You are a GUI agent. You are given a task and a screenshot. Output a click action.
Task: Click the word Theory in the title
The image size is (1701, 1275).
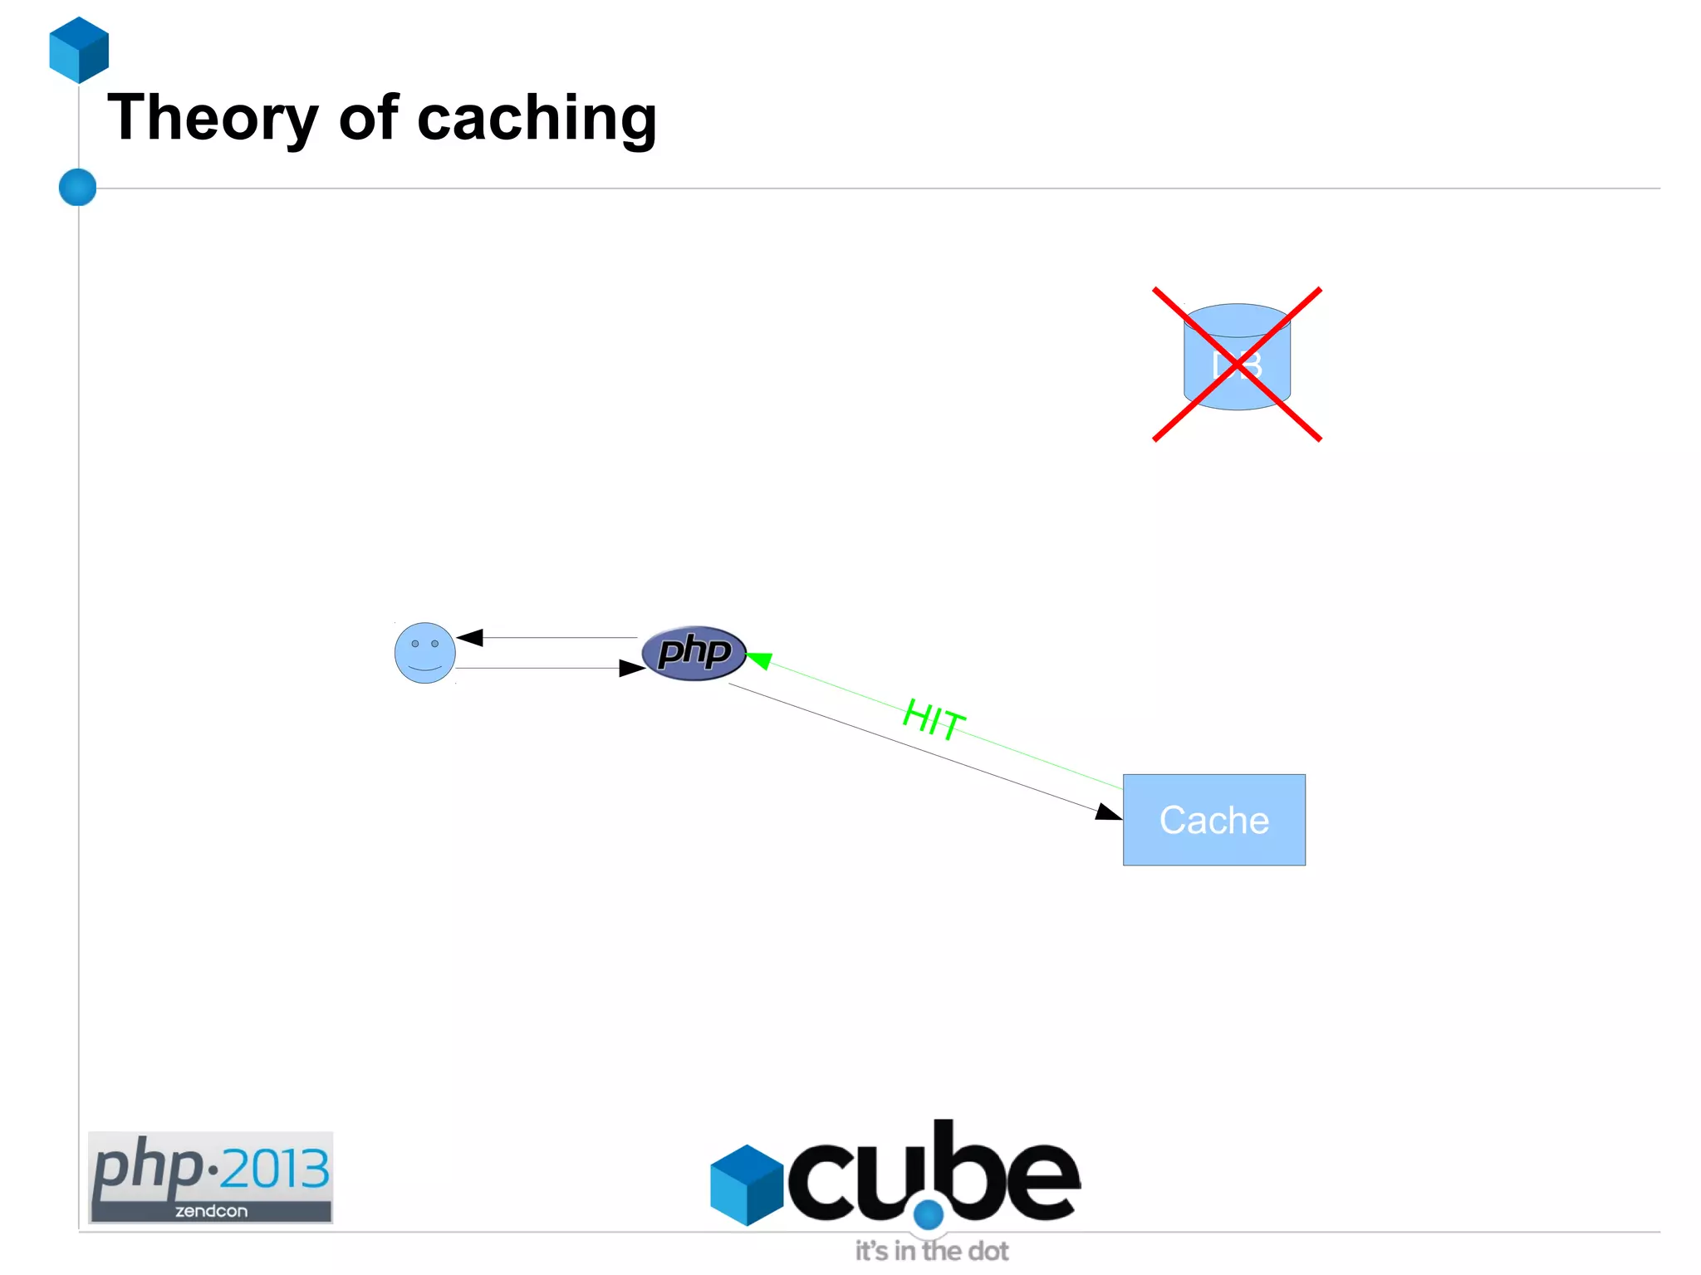coord(213,119)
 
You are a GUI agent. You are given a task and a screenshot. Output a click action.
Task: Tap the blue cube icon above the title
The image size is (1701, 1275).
coord(79,50)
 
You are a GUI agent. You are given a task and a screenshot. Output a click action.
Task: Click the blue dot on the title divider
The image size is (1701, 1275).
coord(78,187)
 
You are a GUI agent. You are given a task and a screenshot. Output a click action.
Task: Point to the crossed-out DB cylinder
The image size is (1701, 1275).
coord(1237,358)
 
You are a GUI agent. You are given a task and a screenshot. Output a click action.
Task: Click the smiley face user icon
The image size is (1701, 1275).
coord(424,653)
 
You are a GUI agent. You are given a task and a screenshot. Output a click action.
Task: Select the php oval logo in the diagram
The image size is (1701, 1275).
coord(694,653)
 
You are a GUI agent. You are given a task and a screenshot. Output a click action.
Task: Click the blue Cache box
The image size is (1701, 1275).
coord(1213,820)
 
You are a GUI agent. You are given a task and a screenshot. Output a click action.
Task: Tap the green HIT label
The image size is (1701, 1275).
coord(934,718)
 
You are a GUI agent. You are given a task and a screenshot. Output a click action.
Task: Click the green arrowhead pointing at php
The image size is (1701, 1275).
coord(758,660)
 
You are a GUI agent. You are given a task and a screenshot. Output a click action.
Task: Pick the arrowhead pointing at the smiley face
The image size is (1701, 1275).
coord(470,637)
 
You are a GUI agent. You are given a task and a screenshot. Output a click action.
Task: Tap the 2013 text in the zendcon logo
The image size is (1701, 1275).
coord(275,1169)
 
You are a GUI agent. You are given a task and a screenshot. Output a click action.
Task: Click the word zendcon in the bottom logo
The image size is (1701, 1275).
coord(211,1211)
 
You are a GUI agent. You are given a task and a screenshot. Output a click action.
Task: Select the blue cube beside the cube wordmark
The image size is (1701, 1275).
coord(747,1184)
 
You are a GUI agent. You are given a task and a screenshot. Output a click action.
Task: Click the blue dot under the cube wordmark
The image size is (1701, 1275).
coord(928,1214)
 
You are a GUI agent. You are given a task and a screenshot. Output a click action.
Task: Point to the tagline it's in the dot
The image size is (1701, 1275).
coord(932,1251)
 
